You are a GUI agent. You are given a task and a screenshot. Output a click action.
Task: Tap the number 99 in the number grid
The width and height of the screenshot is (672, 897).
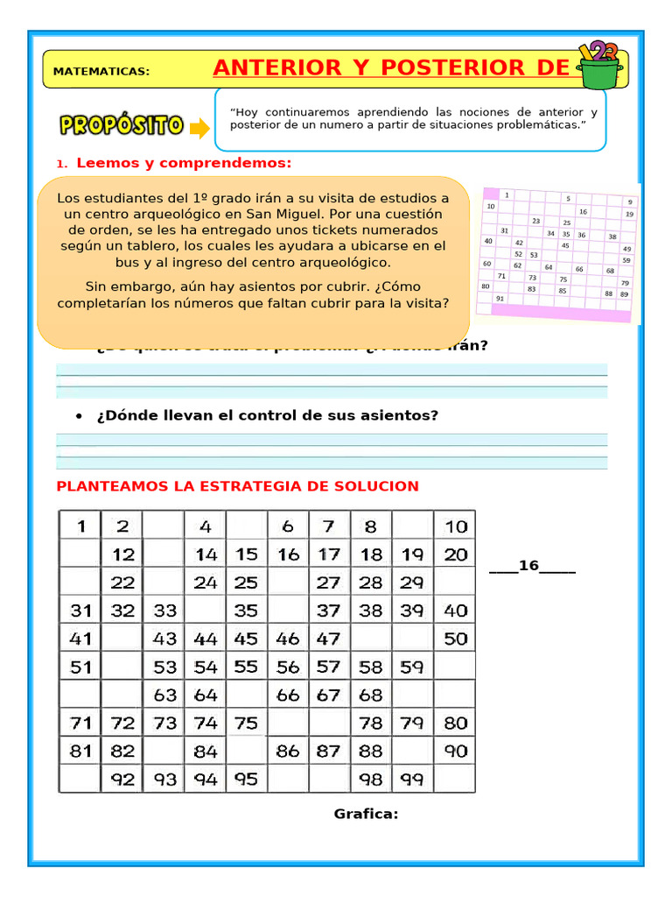[413, 779]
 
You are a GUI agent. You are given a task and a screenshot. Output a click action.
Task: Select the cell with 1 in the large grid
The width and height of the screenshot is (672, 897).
[82, 526]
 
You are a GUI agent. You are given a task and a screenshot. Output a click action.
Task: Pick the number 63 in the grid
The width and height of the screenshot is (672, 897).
[165, 696]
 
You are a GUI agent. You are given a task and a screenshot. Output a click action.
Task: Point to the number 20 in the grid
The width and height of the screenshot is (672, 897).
[456, 554]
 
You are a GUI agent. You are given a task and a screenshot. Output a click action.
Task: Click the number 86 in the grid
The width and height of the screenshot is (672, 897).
[288, 751]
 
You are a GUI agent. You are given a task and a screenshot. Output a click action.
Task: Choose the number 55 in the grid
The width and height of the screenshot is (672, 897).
[247, 667]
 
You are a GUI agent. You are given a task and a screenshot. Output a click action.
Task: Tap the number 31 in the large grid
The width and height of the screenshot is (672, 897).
[81, 611]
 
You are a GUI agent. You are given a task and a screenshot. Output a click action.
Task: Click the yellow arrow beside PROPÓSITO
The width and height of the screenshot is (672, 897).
[199, 129]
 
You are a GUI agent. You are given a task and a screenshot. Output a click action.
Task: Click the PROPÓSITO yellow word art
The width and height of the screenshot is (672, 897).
[121, 125]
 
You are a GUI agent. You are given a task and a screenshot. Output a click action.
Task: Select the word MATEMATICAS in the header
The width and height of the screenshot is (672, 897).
[101, 72]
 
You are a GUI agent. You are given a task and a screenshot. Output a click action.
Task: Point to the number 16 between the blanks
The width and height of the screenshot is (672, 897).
[528, 566]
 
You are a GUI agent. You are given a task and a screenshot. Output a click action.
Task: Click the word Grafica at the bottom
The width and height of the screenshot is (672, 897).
[366, 814]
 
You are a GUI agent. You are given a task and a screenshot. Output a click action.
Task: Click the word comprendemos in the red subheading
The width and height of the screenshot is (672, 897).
[230, 163]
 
